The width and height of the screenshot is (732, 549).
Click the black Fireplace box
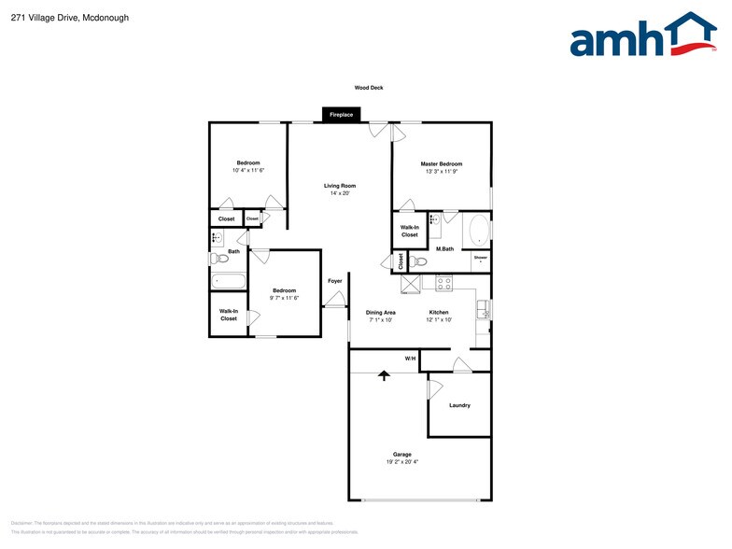pos(341,115)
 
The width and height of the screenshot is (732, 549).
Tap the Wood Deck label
pos(368,88)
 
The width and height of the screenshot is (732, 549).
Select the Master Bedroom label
pos(441,164)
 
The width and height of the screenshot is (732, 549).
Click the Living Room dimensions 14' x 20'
pos(340,193)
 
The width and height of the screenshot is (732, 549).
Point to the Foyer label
pos(334,281)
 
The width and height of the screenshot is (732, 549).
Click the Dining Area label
pos(380,312)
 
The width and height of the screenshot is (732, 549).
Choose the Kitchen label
pos(439,312)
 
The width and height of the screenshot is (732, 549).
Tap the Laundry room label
pos(459,405)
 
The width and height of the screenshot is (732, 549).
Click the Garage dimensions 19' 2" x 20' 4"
pos(402,462)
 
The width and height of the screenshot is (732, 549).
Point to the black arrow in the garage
pos(383,375)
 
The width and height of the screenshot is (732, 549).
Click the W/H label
pos(410,359)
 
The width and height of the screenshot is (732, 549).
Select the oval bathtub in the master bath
pos(475,229)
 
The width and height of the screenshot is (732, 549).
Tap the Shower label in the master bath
pos(480,257)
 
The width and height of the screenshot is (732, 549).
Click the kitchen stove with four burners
pos(444,282)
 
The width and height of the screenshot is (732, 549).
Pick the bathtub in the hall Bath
pos(229,280)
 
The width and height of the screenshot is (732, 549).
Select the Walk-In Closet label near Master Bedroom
pos(409,231)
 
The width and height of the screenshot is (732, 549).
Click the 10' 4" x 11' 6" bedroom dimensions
pos(248,171)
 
